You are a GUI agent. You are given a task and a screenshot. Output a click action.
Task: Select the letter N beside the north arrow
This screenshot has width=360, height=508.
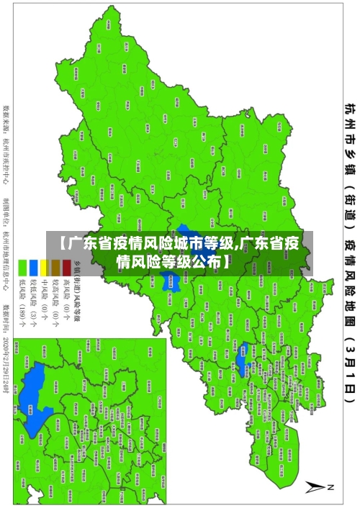point(332,487)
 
